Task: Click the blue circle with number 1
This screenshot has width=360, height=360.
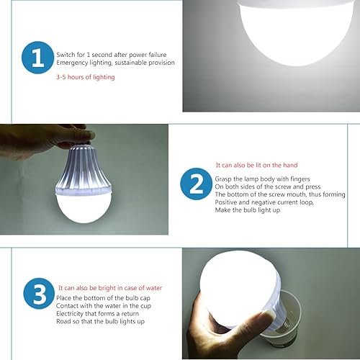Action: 37,59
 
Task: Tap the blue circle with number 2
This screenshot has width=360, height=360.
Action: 196,186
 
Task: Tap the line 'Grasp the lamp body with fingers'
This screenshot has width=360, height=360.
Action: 255,178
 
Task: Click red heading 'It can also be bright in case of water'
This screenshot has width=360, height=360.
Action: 110,288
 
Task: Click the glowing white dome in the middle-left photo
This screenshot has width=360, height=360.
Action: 85,216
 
